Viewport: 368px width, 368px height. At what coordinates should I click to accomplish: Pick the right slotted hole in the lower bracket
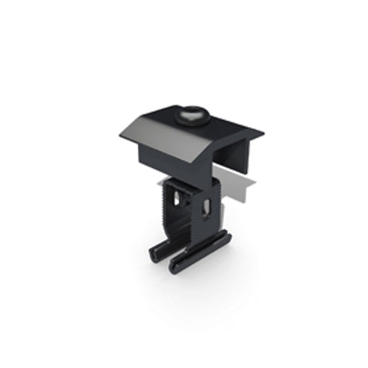click(205, 207)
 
